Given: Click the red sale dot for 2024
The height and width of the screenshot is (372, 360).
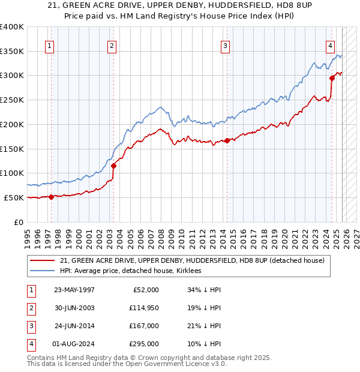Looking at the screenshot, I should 332,77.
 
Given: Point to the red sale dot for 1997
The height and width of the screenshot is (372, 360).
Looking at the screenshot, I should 51,196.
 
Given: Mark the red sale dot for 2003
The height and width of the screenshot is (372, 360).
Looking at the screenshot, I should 113,166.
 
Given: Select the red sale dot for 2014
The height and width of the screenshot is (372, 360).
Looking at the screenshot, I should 227,140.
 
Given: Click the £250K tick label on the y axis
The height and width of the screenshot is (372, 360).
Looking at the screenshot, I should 12,100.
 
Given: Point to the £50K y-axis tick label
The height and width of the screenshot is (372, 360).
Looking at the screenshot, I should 14,197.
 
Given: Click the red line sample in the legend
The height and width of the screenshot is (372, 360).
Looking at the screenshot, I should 43,260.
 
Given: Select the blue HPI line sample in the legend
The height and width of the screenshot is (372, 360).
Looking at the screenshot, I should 43,271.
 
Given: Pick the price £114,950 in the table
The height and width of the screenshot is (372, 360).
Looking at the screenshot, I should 143,308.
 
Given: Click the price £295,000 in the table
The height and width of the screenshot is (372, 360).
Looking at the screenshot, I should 143,344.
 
